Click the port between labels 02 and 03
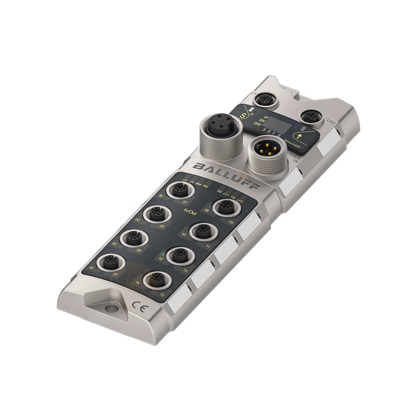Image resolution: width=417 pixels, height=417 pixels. pyautogui.click(x=156, y=214)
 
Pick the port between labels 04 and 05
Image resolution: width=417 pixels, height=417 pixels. pyautogui.click(x=132, y=237)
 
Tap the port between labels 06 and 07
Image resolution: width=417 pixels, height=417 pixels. pyautogui.click(x=109, y=263)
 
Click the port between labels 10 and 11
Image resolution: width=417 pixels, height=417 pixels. pyautogui.click(x=200, y=231)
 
